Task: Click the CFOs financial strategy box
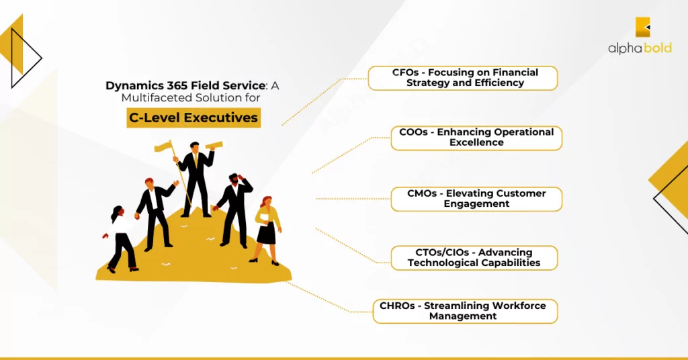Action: (463, 78)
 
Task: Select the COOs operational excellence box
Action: (476, 138)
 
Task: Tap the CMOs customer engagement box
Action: (476, 199)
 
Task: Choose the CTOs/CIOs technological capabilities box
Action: (474, 258)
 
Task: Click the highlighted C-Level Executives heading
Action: (193, 118)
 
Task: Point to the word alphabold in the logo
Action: (640, 48)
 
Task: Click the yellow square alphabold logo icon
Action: (643, 27)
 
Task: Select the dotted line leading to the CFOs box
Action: (322, 101)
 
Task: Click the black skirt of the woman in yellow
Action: (266, 234)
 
